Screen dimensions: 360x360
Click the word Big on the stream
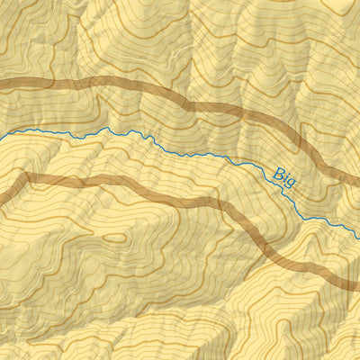coord(284,175)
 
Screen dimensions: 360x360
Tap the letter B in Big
coord(277,169)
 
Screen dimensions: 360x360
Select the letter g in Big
coord(292,180)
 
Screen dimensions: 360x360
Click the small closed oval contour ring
coord(114,238)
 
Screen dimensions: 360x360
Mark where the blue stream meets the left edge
coord(2,136)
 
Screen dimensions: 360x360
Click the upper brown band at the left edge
coord(3,85)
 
